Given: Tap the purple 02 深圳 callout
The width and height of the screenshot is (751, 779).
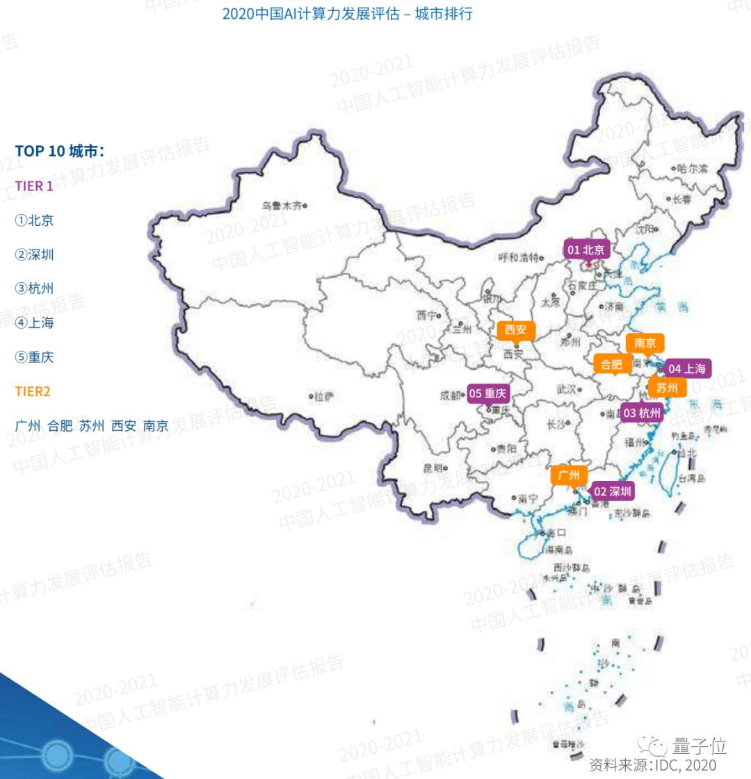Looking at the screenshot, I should pos(612,492).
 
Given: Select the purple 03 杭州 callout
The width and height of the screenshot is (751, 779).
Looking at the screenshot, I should pos(642,413).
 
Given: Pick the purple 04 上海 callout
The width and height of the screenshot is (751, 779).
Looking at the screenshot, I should pos(686,369).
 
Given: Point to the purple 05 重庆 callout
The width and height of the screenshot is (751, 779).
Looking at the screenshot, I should pos(489,394).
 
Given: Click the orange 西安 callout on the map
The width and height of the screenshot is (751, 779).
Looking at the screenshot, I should pos(515,330).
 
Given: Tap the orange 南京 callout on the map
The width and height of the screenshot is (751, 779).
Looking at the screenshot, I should pos(645,343).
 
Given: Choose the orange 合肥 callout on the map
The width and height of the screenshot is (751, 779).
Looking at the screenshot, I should pos(611,364).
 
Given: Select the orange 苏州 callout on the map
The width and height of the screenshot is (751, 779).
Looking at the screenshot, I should pos(667,388).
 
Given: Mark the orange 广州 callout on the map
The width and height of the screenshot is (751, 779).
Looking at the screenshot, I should pos(569,475).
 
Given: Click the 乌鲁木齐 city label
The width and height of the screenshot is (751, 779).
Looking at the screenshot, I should pos(282,205).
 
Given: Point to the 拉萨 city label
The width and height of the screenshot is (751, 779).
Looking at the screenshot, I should pos(323,397).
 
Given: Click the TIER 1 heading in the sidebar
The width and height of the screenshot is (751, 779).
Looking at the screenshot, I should pos(34,186).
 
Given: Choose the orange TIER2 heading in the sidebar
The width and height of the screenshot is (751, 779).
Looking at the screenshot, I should pos(33,391).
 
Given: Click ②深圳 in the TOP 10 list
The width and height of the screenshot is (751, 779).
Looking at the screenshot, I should pos(34,254).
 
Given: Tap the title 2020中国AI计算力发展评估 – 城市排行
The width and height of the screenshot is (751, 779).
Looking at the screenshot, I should pos(347,14).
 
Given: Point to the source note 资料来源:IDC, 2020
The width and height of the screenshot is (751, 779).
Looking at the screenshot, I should pos(652,765).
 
